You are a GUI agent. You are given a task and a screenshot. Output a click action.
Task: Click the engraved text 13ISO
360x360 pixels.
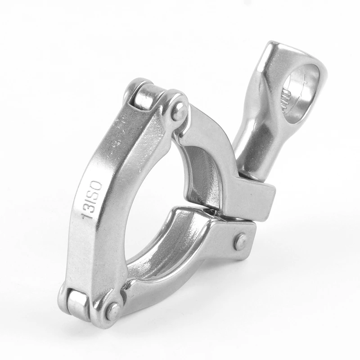[92, 200]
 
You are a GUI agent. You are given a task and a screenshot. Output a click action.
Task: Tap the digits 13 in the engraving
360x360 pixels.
[88, 212]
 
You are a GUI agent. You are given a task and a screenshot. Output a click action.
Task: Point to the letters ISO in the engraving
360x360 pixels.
[95, 191]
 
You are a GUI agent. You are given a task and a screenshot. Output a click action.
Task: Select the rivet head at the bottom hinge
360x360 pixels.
[112, 310]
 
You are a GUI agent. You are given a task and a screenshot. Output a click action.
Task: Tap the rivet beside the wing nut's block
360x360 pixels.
[240, 242]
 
